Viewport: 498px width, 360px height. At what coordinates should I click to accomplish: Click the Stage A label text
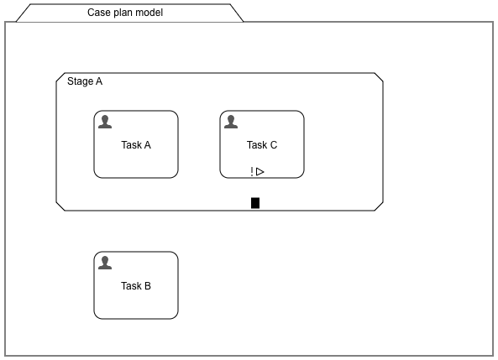point(85,81)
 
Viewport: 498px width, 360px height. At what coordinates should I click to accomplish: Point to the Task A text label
point(136,145)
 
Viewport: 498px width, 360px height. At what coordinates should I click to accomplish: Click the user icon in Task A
point(105,122)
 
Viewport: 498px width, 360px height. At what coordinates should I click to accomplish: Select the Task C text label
point(262,145)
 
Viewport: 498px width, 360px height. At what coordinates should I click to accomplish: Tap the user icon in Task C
point(231,122)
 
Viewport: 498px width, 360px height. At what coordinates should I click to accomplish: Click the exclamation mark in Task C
point(251,172)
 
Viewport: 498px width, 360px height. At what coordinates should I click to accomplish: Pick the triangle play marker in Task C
point(260,172)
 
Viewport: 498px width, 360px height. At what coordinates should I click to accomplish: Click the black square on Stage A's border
point(255,202)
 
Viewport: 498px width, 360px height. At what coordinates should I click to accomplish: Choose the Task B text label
point(136,286)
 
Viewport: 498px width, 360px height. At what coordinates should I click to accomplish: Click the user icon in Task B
point(105,263)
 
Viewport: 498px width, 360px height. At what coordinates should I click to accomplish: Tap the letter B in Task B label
point(148,286)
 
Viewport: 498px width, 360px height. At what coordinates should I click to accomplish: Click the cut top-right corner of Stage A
point(380,78)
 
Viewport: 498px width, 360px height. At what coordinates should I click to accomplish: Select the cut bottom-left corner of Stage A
point(60,206)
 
